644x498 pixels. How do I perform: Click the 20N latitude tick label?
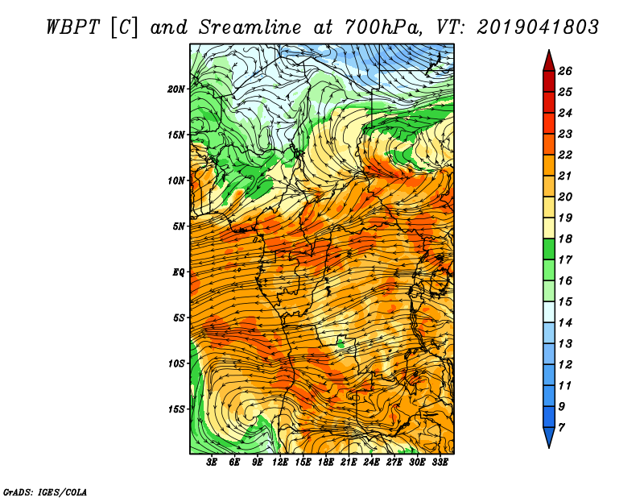pyautogui.click(x=176, y=89)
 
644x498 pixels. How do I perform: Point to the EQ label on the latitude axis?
pyautogui.click(x=178, y=272)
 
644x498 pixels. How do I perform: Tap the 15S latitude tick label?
pyautogui.click(x=176, y=409)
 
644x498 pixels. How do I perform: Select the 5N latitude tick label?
pyautogui.click(x=179, y=226)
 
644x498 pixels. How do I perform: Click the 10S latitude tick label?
pyautogui.click(x=176, y=363)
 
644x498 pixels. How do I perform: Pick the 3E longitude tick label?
pyautogui.click(x=212, y=463)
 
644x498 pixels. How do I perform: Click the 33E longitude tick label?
pyautogui.click(x=440, y=463)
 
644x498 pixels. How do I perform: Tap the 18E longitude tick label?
pyautogui.click(x=326, y=463)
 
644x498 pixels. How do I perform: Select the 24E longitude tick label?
pyautogui.click(x=371, y=463)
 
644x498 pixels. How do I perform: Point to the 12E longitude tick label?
pyautogui.click(x=280, y=463)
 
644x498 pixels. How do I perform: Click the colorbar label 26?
pyautogui.click(x=565, y=71)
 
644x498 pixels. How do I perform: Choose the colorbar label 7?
pyautogui.click(x=561, y=428)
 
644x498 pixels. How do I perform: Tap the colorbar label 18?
pyautogui.click(x=565, y=239)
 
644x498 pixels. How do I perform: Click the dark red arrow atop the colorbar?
pyautogui.click(x=549, y=61)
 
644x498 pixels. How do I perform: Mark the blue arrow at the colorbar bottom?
pyautogui.click(x=549, y=438)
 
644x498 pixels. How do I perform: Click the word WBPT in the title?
pyautogui.click(x=73, y=27)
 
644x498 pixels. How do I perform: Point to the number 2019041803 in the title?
pyautogui.click(x=538, y=27)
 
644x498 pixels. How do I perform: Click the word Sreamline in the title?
pyautogui.click(x=250, y=27)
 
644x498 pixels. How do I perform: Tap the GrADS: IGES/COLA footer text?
pyautogui.click(x=45, y=492)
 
